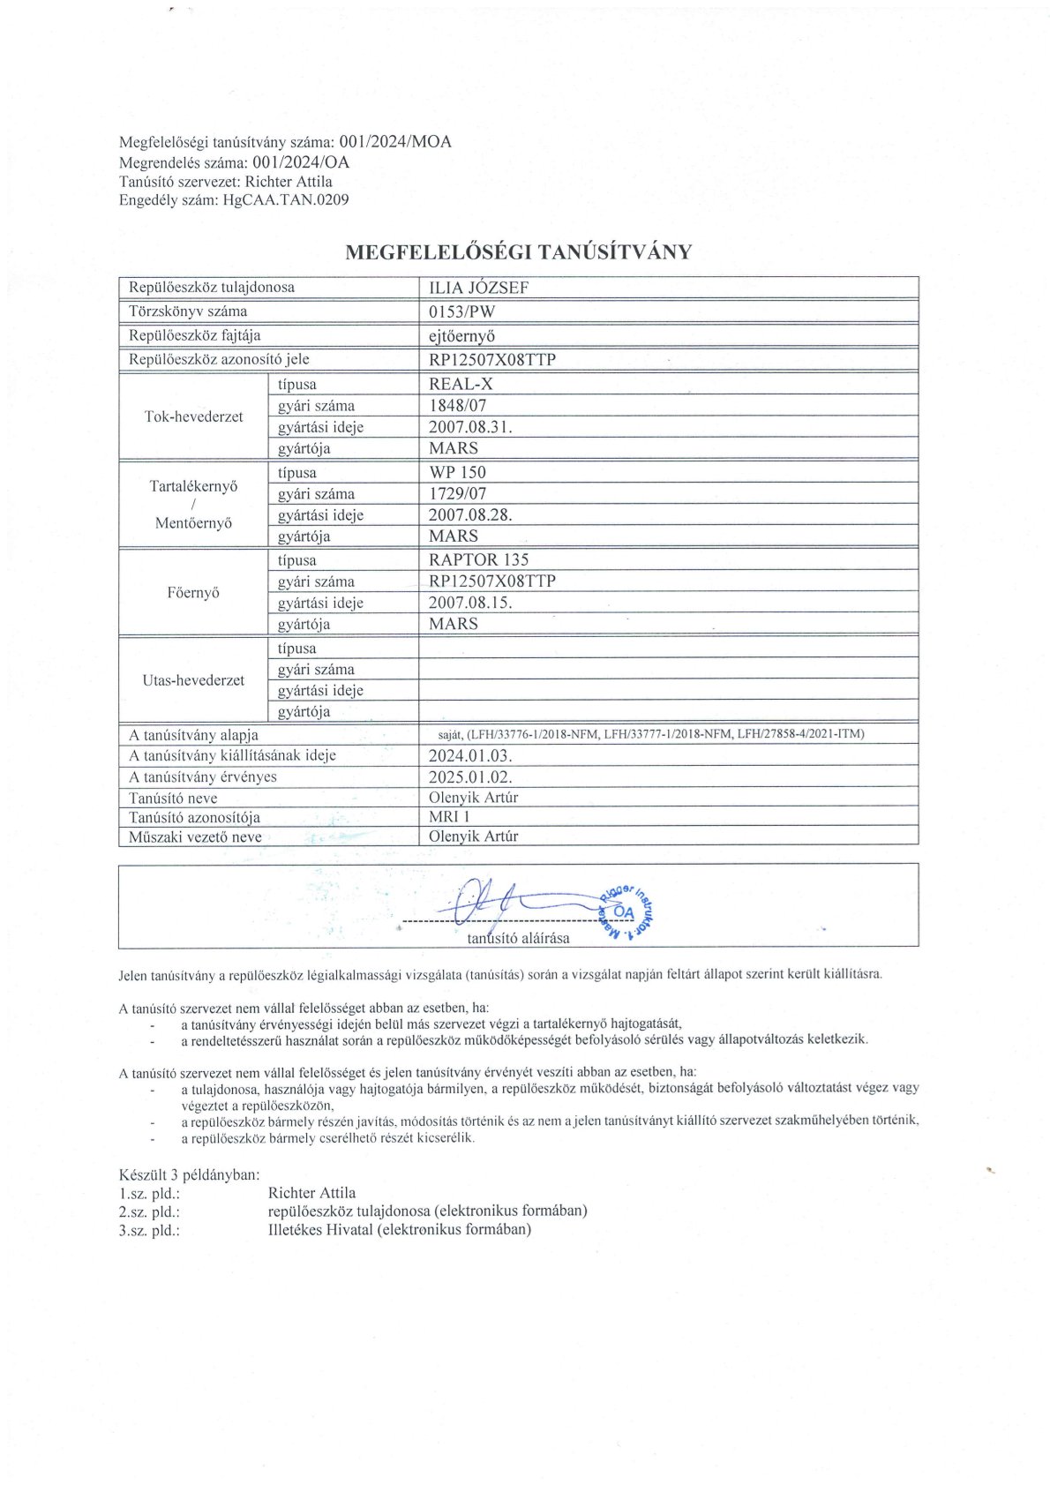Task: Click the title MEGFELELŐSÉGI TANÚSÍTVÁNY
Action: coord(518,252)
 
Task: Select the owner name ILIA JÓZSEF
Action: coord(478,288)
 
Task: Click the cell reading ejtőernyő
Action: coord(461,335)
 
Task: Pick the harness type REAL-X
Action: coord(461,384)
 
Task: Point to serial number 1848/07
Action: coord(457,406)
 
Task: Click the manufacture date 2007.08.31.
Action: coord(470,427)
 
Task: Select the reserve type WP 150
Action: coord(457,472)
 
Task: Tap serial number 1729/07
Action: coord(457,494)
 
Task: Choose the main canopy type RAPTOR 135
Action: coord(478,559)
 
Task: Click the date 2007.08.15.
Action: coord(470,603)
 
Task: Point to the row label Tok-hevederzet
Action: coord(193,416)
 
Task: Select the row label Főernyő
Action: coord(193,592)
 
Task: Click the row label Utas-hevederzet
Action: coord(193,680)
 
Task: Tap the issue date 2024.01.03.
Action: coord(470,756)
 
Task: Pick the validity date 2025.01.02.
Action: coord(470,777)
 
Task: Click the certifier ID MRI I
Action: coord(449,817)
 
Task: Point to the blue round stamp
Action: coord(626,909)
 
